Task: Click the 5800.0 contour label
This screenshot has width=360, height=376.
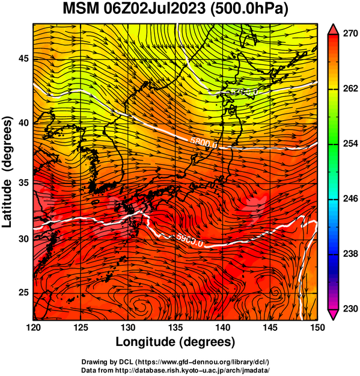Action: click(x=204, y=143)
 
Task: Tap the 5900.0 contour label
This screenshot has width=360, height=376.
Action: click(x=190, y=240)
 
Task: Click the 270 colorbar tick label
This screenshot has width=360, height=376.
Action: click(x=350, y=34)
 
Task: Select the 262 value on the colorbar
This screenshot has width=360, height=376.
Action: click(x=350, y=88)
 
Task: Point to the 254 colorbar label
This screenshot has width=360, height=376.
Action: click(x=350, y=144)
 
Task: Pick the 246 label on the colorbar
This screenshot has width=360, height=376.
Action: click(x=350, y=199)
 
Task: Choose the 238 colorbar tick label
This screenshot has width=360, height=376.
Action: click(x=350, y=254)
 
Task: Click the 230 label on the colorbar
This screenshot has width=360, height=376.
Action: click(x=350, y=309)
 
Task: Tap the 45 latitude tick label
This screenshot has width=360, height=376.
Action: click(x=23, y=58)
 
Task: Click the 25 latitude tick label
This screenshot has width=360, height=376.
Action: click(x=23, y=293)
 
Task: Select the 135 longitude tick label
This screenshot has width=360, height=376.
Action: click(x=175, y=327)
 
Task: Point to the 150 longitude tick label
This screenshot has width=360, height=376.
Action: click(x=317, y=327)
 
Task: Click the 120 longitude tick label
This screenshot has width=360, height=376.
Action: click(x=33, y=327)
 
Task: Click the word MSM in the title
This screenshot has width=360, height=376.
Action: click(x=81, y=8)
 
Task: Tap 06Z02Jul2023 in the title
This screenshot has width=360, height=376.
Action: click(x=154, y=8)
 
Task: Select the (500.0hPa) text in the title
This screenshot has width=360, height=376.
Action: click(x=249, y=9)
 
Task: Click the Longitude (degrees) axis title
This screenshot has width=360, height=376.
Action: click(x=175, y=342)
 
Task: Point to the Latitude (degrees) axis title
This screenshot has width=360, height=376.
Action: click(x=8, y=172)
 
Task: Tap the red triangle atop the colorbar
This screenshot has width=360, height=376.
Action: click(x=333, y=29)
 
